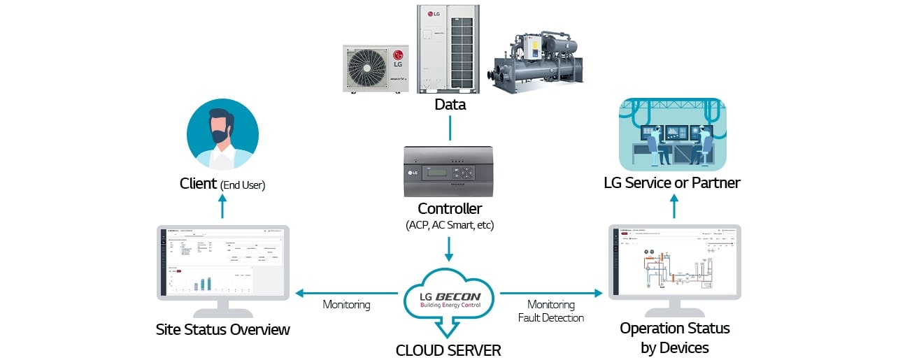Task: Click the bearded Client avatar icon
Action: click(222, 134)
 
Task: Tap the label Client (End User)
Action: click(222, 184)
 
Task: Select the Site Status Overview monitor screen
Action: click(222, 262)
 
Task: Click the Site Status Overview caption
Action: click(222, 329)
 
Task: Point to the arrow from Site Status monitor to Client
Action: click(222, 206)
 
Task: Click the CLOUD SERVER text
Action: click(448, 350)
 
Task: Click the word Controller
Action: click(449, 208)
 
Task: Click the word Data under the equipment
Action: click(450, 105)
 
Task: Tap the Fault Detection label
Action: click(551, 317)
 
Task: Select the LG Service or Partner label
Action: click(672, 183)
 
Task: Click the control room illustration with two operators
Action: click(672, 134)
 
